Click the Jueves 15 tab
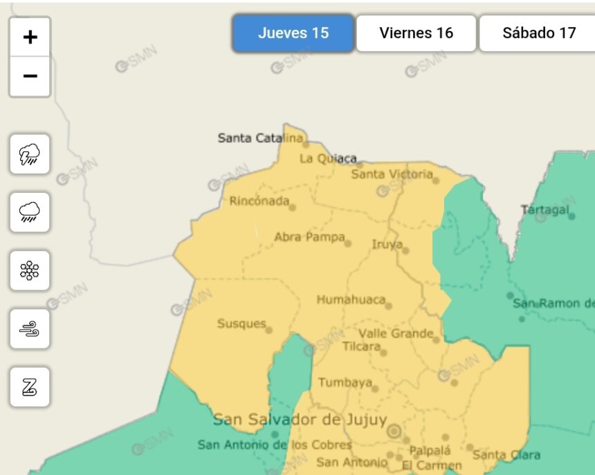tap(293, 33)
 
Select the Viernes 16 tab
tap(416, 33)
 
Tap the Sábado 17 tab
tap(539, 33)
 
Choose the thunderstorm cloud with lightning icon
tap(30, 154)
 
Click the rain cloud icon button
tap(30, 212)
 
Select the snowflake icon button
tap(30, 270)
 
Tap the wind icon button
tap(30, 328)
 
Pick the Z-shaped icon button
tap(30, 386)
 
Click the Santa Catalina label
tap(260, 138)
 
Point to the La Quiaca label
tap(327, 158)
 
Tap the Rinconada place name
tap(259, 201)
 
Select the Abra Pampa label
tap(309, 237)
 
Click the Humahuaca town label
tap(350, 300)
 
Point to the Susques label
tap(241, 324)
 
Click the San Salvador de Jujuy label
tap(300, 420)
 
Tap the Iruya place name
tap(387, 244)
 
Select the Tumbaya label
tap(345, 382)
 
